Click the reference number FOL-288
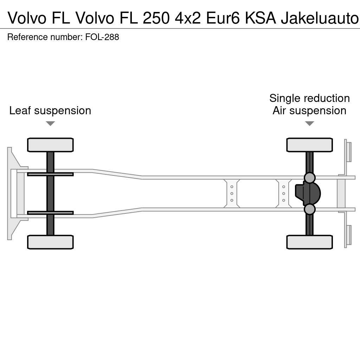(102, 37)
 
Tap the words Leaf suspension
(50, 110)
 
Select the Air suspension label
(309, 110)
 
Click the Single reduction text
(309, 98)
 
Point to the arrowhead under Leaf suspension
(50, 123)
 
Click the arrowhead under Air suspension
(309, 123)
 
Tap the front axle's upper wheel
(50, 145)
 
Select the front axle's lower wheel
(50, 242)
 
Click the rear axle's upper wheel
(309, 145)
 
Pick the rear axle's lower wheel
(309, 242)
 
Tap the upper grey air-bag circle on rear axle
(309, 178)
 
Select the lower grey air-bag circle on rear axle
(309, 209)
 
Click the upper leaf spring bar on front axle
(50, 174)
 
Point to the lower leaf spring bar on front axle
(50, 213)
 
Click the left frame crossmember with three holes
(232, 193)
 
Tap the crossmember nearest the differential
(283, 193)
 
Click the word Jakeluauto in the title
(320, 18)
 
